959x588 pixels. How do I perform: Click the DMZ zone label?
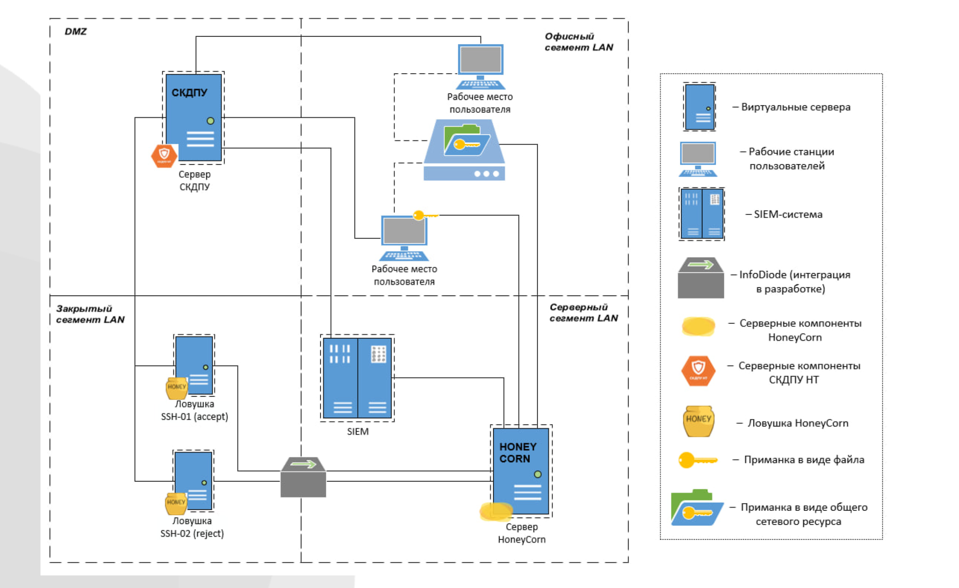(75, 31)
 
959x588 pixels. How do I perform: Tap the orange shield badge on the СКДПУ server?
(164, 156)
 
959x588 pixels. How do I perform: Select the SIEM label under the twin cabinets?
(358, 432)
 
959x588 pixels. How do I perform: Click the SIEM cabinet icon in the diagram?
(357, 378)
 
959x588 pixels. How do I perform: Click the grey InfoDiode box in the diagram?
(303, 477)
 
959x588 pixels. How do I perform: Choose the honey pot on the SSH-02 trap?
(176, 503)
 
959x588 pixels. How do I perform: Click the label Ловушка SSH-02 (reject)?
(192, 527)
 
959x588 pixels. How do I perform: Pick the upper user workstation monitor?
(480, 60)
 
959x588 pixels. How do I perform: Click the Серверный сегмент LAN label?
(583, 312)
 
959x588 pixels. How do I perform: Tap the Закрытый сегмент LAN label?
(90, 314)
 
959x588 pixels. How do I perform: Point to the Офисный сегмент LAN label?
(579, 42)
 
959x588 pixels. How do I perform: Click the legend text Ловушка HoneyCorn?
(797, 423)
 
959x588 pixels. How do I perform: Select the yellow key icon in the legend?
(697, 459)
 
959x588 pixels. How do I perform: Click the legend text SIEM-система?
(788, 214)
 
